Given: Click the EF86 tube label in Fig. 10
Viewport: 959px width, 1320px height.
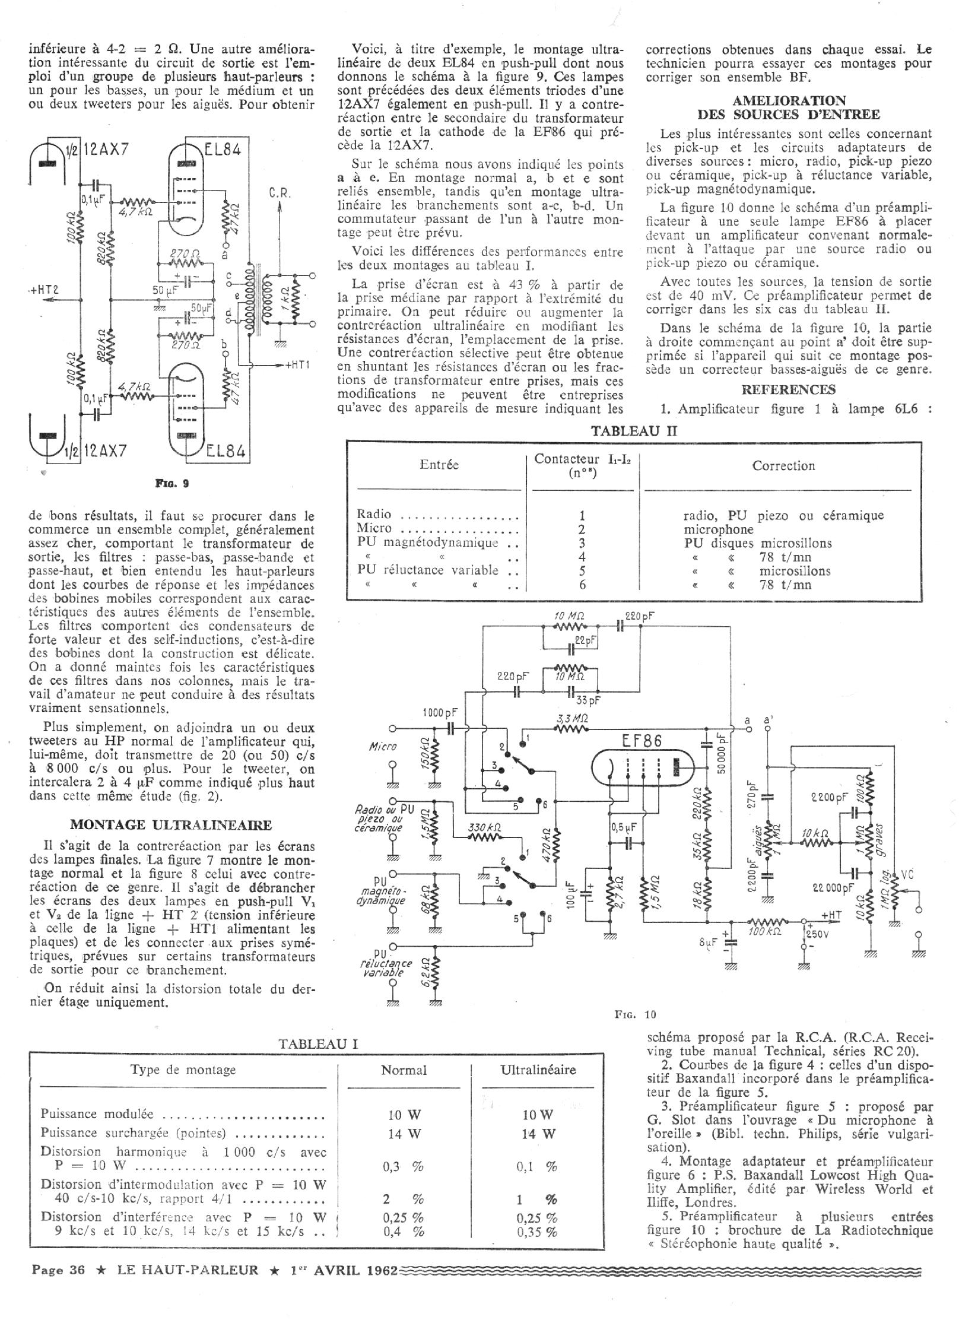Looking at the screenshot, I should pyautogui.click(x=643, y=741).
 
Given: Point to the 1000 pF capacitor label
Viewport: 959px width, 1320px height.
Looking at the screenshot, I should pyautogui.click(x=440, y=712).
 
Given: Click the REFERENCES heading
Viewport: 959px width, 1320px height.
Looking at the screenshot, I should pyautogui.click(x=788, y=389).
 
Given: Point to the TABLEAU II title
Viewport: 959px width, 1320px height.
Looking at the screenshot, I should pyautogui.click(x=634, y=431).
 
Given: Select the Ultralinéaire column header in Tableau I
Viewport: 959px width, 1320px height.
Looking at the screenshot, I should pyautogui.click(x=538, y=1070).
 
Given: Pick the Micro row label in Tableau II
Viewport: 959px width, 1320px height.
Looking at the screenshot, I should pyautogui.click(x=375, y=528).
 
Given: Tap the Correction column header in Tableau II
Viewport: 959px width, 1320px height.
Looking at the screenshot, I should pyautogui.click(x=783, y=466).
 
